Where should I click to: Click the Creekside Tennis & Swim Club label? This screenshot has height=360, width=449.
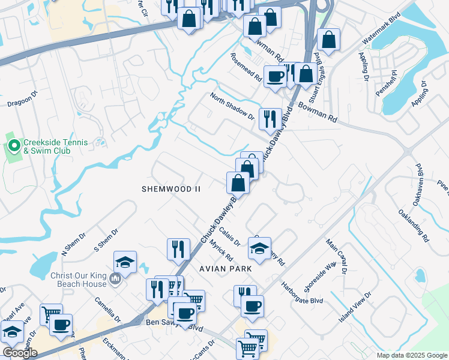55,146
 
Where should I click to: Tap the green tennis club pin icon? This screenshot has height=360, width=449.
14,146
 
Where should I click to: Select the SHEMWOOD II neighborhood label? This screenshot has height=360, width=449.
170,189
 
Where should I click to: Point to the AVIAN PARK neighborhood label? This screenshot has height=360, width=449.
222,269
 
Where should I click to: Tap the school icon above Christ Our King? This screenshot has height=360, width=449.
125,261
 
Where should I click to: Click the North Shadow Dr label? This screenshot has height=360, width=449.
232,106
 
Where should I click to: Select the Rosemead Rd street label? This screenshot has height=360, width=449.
247,68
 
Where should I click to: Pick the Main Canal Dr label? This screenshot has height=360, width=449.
337,257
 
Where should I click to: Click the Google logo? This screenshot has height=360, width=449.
20,353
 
